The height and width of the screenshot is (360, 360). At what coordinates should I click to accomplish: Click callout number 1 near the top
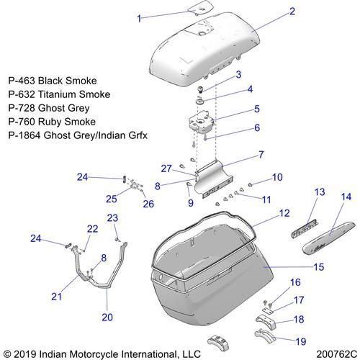click(x=139, y=19)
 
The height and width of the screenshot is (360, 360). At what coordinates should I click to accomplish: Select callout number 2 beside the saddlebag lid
click(x=292, y=12)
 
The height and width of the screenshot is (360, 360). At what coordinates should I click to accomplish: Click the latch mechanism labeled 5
click(x=201, y=122)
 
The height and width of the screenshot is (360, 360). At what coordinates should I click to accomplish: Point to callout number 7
click(x=261, y=155)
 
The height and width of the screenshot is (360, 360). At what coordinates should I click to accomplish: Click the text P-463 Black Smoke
click(x=53, y=81)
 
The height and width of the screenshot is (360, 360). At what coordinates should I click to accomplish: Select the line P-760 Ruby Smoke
click(x=52, y=122)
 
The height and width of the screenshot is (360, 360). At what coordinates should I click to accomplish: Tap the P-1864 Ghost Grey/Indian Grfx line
click(x=78, y=135)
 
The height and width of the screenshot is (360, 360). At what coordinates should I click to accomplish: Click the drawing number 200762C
click(x=337, y=354)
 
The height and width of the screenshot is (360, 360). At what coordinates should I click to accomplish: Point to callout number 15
click(x=319, y=267)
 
